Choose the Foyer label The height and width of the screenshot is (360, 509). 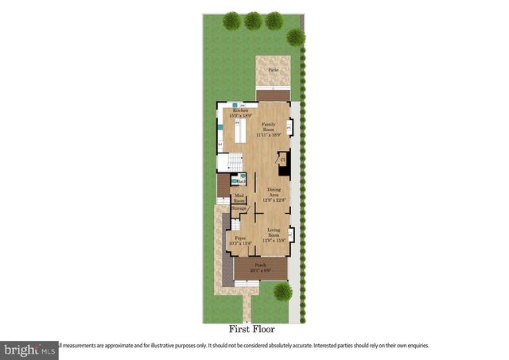coord(239,238)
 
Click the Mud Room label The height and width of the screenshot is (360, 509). coord(239,197)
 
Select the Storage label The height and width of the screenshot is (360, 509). coord(239,208)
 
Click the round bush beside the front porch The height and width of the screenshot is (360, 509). coord(282,293)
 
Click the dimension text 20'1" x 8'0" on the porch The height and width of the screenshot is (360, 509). coord(259,270)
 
